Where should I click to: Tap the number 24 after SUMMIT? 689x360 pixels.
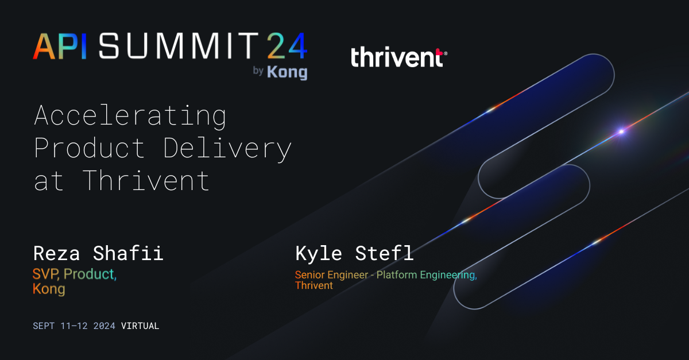pos(286,47)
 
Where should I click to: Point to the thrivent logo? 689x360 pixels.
pos(398,57)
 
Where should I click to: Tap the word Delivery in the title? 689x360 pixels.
pos(228,148)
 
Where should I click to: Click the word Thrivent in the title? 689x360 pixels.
pos(146,180)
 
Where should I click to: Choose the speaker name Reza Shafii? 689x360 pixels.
pos(98,253)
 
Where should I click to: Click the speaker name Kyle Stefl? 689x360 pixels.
pos(354,253)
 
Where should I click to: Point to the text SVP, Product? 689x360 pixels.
pos(75,274)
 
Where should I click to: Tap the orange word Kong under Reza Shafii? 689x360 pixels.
pos(49,289)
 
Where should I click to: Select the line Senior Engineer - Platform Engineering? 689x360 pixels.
pos(386,275)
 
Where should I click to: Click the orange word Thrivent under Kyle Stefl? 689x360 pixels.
pos(313,285)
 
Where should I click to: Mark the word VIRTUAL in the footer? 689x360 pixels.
pos(140,326)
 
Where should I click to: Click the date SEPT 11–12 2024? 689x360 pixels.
pos(74,326)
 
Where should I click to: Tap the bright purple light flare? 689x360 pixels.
pos(621,131)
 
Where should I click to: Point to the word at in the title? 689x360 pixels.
pos(48,180)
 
